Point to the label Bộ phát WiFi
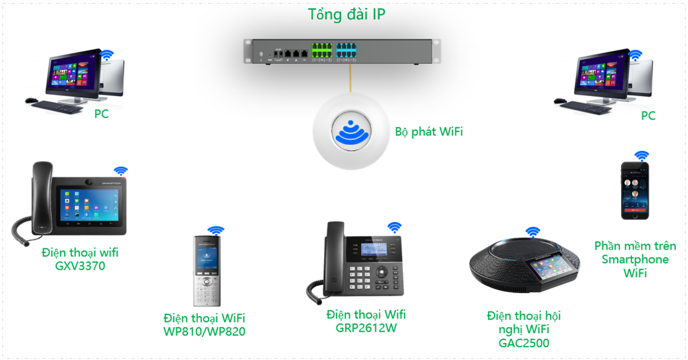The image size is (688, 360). click(429, 131)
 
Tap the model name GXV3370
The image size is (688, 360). click(80, 265)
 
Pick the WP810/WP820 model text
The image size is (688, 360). click(204, 331)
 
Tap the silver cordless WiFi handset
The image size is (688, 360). click(206, 271)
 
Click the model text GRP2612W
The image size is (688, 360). click(366, 328)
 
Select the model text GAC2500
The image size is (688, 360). click(523, 343)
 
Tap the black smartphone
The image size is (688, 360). click(636, 190)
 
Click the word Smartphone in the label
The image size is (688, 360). click(635, 259)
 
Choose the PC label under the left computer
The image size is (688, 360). click(101, 114)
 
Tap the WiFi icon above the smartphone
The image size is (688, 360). click(642, 155)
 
